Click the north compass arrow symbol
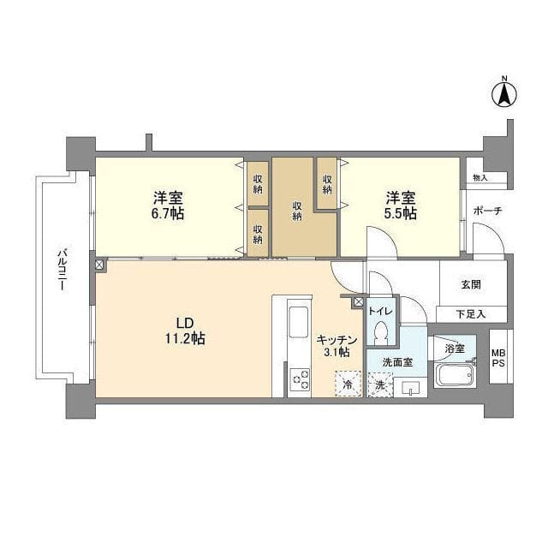pos(504,92)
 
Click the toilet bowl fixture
pos(383,332)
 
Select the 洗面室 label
pos(396,362)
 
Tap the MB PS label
pos(497,358)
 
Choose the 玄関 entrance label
pos(471,285)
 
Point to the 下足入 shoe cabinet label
pos(470,314)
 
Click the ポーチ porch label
pos(487,211)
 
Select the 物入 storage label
pos(479,178)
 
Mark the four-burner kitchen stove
pos(301,378)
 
